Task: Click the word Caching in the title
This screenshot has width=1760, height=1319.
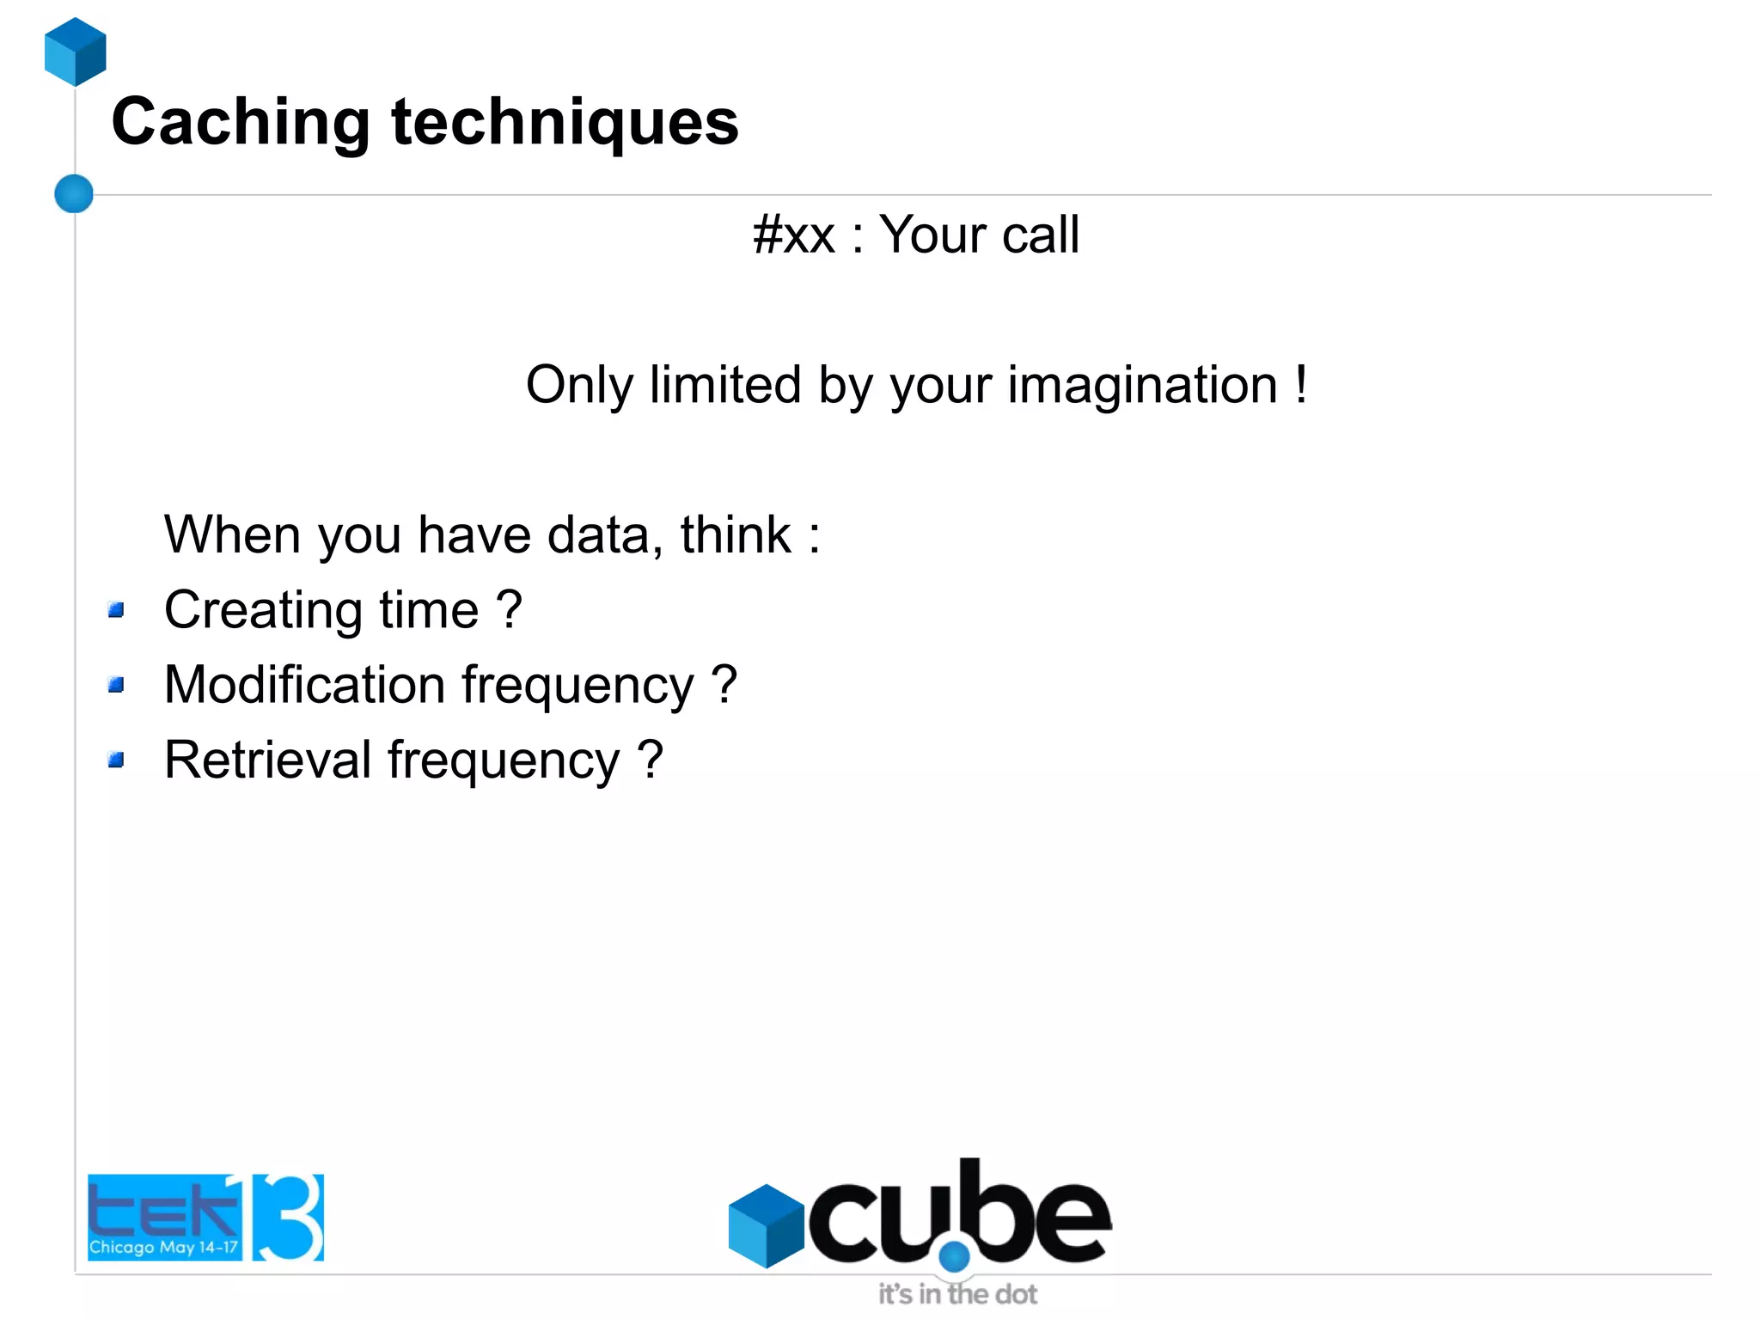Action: (x=241, y=123)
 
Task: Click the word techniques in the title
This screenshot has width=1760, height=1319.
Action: (x=565, y=123)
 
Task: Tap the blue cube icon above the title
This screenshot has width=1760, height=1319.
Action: (x=76, y=52)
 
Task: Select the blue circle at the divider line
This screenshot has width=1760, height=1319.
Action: (x=74, y=193)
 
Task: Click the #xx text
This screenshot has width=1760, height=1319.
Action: (x=793, y=235)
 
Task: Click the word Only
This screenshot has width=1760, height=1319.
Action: (x=579, y=385)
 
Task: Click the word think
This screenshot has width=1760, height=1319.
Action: (x=736, y=535)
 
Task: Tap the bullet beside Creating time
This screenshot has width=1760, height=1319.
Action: (x=117, y=610)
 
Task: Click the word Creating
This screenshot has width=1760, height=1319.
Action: (x=263, y=611)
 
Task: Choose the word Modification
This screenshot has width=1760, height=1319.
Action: (x=304, y=685)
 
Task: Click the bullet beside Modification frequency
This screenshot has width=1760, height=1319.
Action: (x=117, y=685)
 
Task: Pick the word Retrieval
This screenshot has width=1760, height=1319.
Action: (x=267, y=760)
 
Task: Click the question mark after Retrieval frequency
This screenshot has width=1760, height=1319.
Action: (x=651, y=760)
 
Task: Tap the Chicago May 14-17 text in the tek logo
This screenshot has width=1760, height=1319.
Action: (x=163, y=1247)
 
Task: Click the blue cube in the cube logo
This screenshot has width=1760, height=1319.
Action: (x=765, y=1226)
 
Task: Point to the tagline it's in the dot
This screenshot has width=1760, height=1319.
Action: (x=957, y=1294)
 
